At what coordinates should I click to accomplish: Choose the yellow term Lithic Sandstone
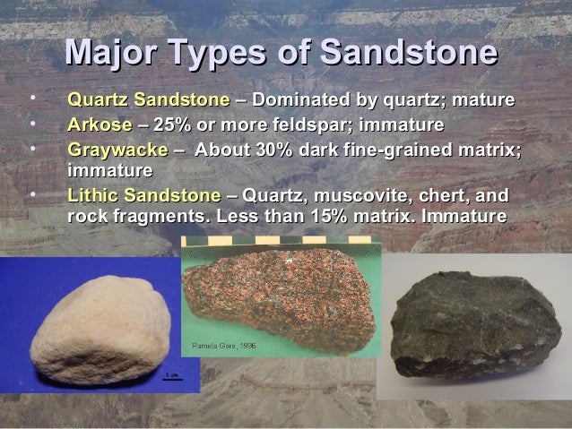click(144, 194)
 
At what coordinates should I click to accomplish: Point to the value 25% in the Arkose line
click(171, 123)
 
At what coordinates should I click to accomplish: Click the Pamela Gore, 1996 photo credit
click(219, 345)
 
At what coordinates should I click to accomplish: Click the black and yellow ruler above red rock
click(278, 240)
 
